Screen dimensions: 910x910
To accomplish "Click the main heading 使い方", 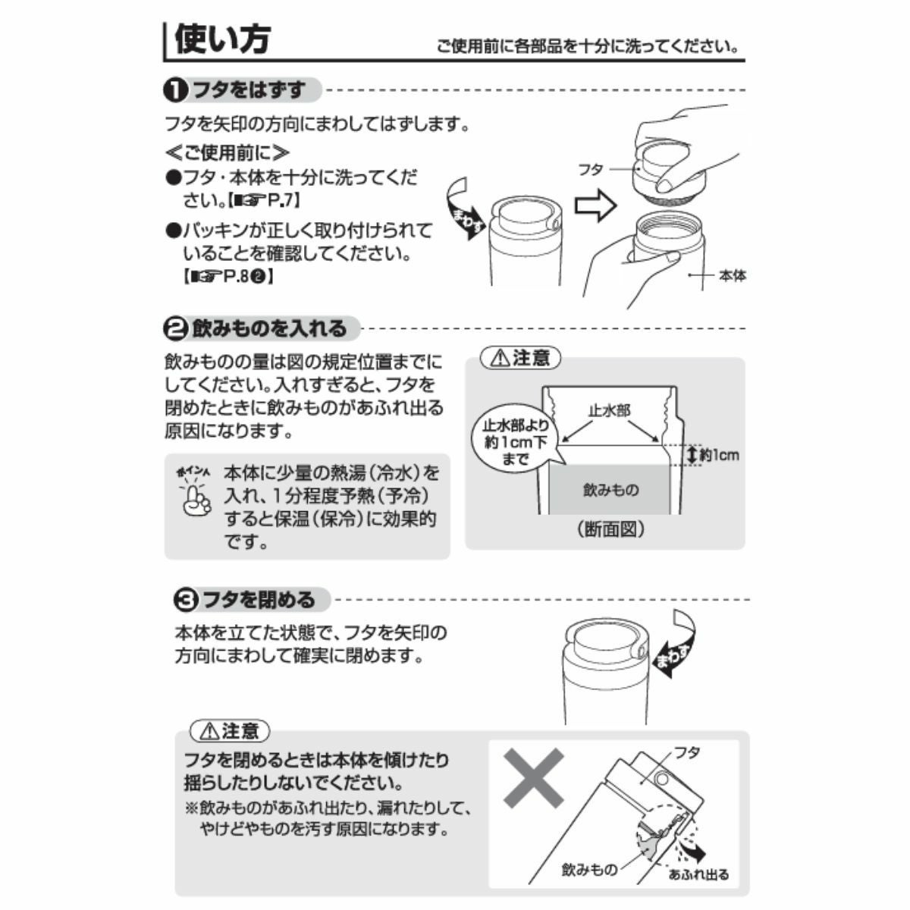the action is pyautogui.click(x=222, y=39).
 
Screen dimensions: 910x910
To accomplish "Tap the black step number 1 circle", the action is pyautogui.click(x=175, y=91).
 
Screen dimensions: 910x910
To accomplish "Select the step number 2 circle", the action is pyautogui.click(x=175, y=328).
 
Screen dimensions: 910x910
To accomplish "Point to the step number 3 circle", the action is pyautogui.click(x=186, y=600).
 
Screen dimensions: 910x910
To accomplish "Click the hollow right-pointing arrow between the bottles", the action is pyautogui.click(x=595, y=205).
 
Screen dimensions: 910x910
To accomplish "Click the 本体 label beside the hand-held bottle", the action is pyautogui.click(x=733, y=275).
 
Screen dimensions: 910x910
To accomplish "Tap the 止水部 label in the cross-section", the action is pyautogui.click(x=609, y=410).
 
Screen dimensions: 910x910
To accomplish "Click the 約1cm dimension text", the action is pyautogui.click(x=719, y=455).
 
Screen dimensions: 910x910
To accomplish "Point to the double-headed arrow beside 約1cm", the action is pyautogui.click(x=692, y=455).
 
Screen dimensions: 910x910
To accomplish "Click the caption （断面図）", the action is pyautogui.click(x=610, y=529).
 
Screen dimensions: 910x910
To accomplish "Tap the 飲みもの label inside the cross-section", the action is pyautogui.click(x=611, y=490).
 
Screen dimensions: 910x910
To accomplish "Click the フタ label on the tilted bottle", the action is pyautogui.click(x=686, y=752).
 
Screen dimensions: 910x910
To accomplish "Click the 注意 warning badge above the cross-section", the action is pyautogui.click(x=520, y=359).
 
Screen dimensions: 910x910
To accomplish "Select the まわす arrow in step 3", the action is pyautogui.click(x=675, y=644).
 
